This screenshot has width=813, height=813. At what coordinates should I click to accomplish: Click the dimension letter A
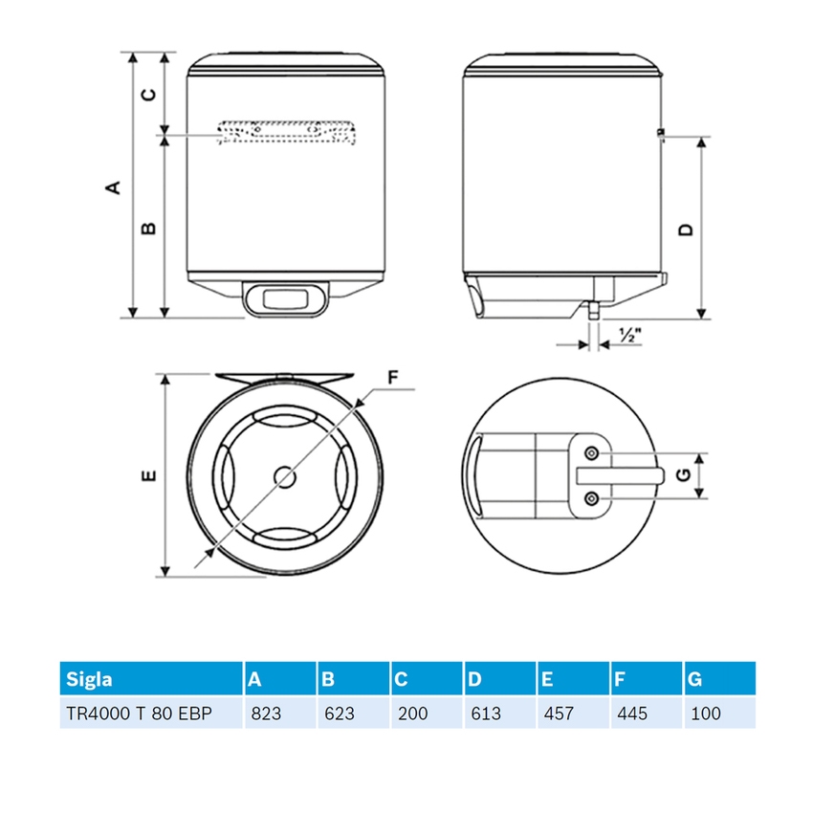113,187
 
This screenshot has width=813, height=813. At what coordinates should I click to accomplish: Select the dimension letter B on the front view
148,228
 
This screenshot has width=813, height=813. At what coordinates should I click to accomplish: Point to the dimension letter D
685,230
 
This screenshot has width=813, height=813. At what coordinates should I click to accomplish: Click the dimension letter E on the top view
146,475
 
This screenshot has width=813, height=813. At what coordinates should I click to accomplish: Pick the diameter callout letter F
393,377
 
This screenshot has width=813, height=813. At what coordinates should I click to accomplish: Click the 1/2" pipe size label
628,336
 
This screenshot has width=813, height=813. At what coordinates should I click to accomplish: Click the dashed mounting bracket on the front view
286,133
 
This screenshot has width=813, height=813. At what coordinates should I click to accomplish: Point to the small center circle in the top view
285,475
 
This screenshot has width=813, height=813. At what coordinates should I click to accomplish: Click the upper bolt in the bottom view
592,452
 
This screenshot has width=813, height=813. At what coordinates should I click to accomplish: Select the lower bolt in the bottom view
592,497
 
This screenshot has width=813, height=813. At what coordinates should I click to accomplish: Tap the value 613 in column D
485,714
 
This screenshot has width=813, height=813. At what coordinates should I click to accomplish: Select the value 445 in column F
632,714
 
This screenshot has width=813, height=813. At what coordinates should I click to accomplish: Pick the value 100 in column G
705,714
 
